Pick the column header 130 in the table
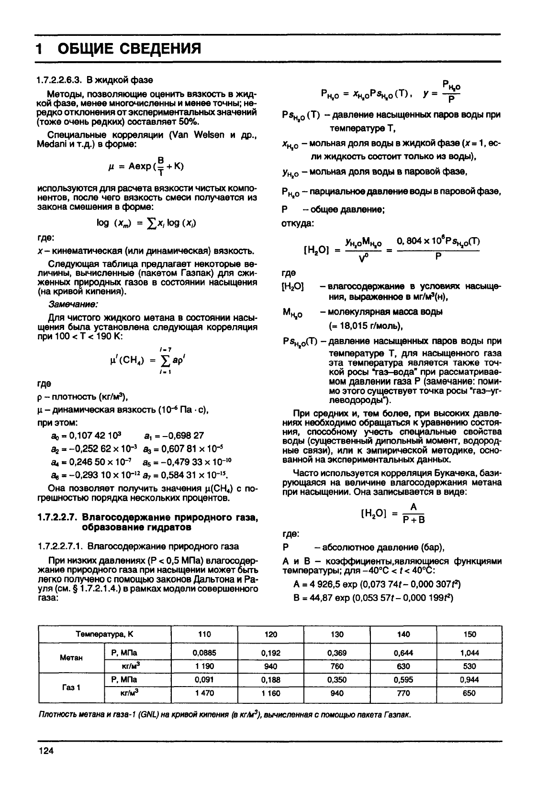click(337, 634)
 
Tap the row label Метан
click(72, 657)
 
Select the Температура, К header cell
click(105, 634)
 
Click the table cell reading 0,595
click(403, 679)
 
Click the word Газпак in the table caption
click(398, 715)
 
